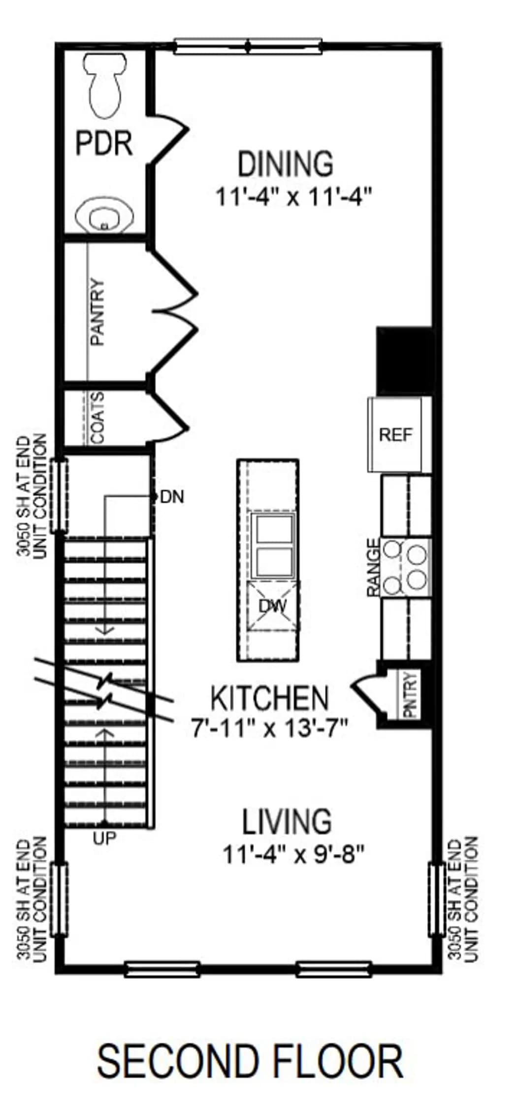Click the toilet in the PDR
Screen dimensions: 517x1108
(x=105, y=85)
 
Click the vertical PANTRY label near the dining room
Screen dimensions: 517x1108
(x=98, y=312)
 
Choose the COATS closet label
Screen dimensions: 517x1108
(x=98, y=418)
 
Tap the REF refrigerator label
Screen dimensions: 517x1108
(x=396, y=434)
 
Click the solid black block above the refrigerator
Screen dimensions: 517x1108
(x=405, y=360)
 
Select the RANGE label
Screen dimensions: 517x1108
(x=374, y=567)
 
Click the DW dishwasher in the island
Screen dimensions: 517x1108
(x=273, y=606)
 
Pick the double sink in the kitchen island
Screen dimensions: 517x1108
(x=273, y=545)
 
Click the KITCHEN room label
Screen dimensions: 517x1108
(x=269, y=698)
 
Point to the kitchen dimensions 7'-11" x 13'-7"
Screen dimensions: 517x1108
(x=270, y=727)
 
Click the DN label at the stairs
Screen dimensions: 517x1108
(x=172, y=497)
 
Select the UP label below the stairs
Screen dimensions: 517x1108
(x=104, y=837)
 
